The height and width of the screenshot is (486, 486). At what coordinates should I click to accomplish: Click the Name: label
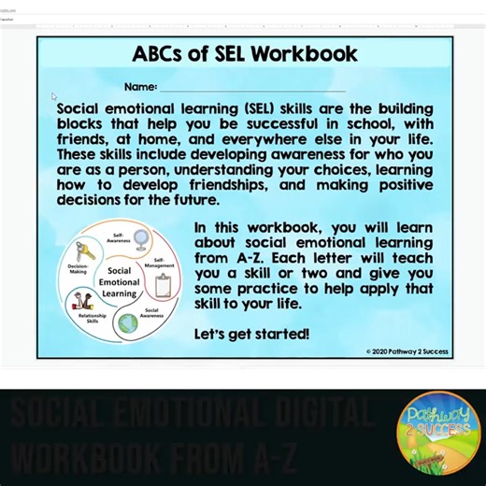(139, 87)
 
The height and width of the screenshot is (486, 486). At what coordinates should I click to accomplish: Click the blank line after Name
(252, 88)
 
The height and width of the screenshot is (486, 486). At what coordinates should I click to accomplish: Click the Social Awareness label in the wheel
(151, 312)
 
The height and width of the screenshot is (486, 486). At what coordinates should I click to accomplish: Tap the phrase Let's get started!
(251, 334)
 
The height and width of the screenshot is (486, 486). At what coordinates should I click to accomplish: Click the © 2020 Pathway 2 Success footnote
(407, 351)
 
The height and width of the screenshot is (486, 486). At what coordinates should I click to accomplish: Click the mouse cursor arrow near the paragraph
(54, 96)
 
